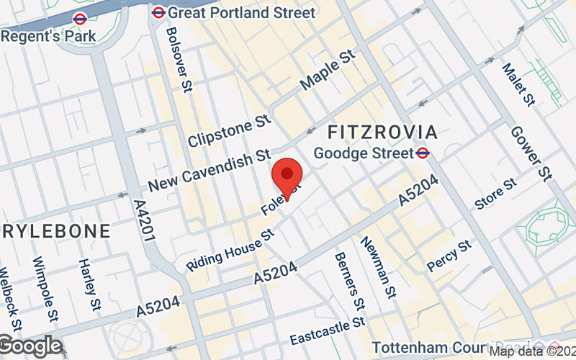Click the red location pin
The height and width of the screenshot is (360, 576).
point(287,175)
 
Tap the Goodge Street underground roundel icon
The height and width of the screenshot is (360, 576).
point(423,153)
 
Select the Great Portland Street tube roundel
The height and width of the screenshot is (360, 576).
point(158,12)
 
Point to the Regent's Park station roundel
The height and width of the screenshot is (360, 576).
point(80,19)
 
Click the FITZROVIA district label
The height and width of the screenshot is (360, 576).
point(382,132)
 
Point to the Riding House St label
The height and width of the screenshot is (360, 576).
point(231,250)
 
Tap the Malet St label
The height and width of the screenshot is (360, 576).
point(518,84)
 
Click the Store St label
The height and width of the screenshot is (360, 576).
point(495,194)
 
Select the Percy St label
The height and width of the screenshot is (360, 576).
point(449,256)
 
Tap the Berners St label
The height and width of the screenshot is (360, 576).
point(347,282)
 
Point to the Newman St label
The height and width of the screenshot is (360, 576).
point(379,266)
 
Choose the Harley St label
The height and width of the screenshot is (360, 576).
point(90,285)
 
